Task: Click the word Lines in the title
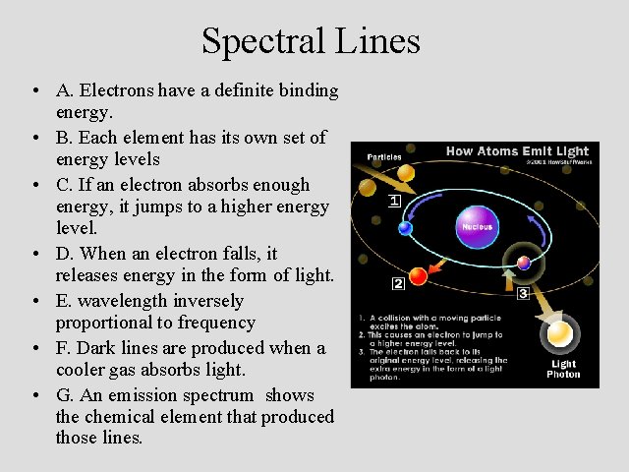click(382, 41)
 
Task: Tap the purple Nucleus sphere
click(477, 225)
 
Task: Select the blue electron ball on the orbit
click(405, 228)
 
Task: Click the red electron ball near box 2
click(418, 275)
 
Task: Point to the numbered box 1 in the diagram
click(394, 202)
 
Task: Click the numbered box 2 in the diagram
click(398, 285)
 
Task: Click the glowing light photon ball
click(561, 335)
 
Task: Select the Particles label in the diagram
click(384, 156)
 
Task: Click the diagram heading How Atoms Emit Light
click(517, 151)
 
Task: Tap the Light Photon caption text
click(563, 369)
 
